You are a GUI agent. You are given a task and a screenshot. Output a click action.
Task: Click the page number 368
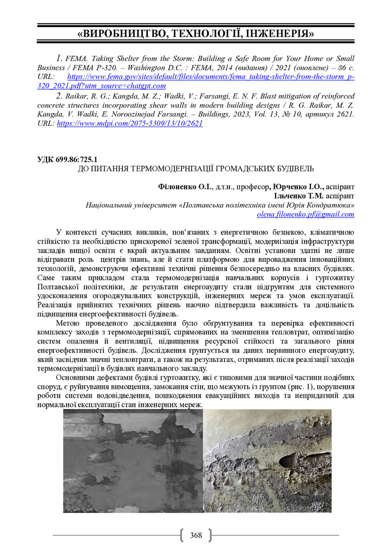tap(196, 535)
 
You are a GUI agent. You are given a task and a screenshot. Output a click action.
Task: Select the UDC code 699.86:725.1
tap(76, 160)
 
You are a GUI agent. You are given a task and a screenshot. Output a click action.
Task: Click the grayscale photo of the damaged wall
tap(133, 460)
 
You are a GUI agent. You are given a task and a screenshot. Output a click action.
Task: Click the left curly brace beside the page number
tap(182, 535)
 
